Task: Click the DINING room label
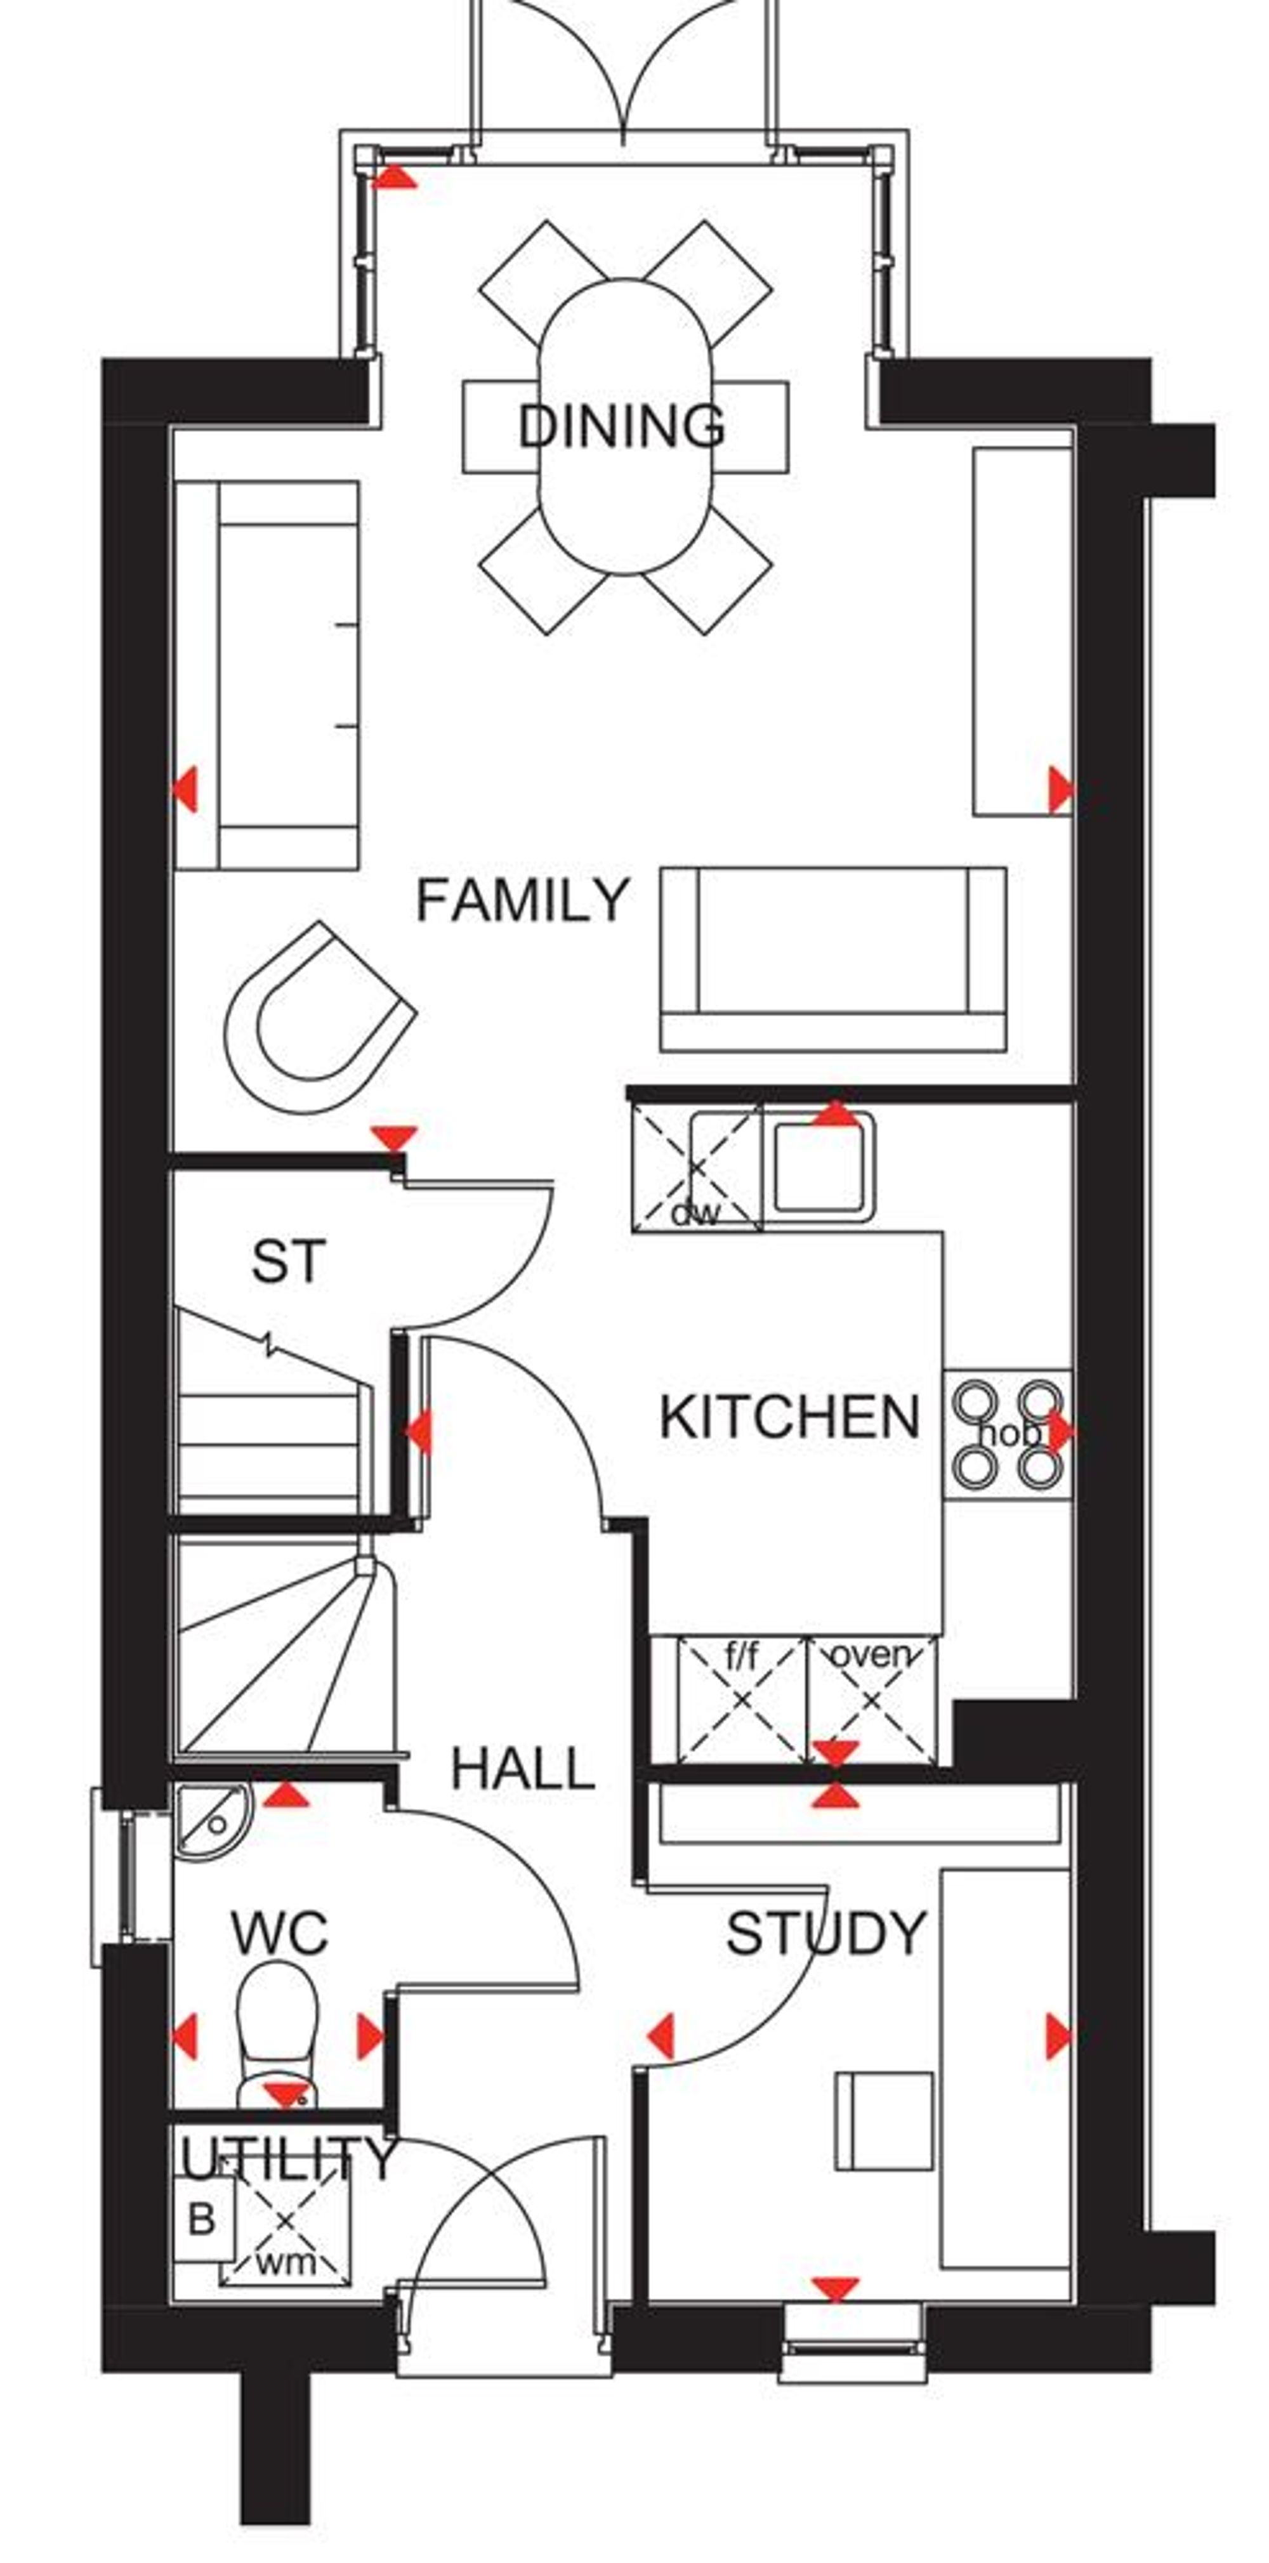pyautogui.click(x=621, y=426)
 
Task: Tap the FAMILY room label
pyautogui.click(x=523, y=900)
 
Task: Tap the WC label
pyautogui.click(x=279, y=1933)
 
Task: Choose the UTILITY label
pyautogui.click(x=289, y=2158)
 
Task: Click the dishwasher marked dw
pyautogui.click(x=695, y=1171)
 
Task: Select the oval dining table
pyautogui.click(x=625, y=426)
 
